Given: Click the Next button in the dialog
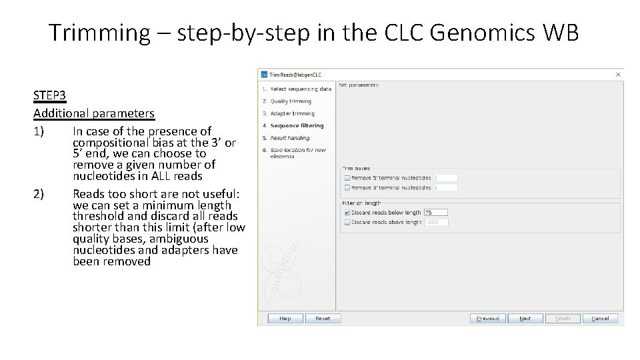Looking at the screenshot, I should coord(525,319).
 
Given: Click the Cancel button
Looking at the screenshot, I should coord(600,319).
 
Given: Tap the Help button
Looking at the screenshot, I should coord(285,319).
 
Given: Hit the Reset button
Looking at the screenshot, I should coord(323,319).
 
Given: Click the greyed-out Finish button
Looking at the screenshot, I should coord(563,319).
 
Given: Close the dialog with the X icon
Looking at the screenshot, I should coord(618,75).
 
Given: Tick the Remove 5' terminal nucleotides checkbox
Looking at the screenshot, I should coord(347,178).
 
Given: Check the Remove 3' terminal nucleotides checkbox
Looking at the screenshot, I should coord(347,188).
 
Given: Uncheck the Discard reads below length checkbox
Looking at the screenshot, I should coord(347,213).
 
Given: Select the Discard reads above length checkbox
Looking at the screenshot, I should coord(347,222).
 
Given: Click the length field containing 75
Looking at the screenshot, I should coord(436,213).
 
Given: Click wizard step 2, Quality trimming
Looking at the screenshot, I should coord(291,101).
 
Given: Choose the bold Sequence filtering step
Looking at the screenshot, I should coord(297,125).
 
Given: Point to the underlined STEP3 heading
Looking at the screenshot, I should coord(49,96).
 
